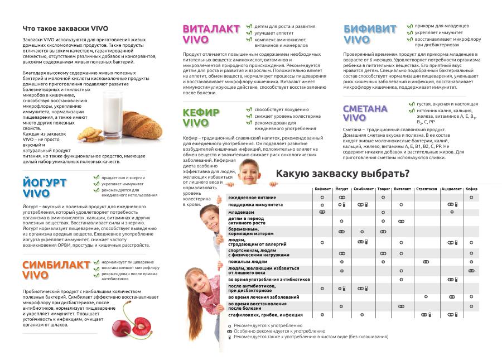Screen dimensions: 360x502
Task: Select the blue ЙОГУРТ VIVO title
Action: pos(45,188)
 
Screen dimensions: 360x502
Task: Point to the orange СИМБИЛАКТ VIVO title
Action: pos(56,270)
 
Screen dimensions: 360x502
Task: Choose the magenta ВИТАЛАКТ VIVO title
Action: pos(211,34)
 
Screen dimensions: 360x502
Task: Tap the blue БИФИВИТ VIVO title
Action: pos(370,34)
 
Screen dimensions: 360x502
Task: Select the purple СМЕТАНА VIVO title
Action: pos(365,113)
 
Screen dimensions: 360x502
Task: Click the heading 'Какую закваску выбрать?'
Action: pos(342,174)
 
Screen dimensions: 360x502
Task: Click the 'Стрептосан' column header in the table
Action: pos(427,189)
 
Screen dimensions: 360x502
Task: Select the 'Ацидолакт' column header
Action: pos(451,189)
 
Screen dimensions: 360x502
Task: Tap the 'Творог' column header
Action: pos(383,189)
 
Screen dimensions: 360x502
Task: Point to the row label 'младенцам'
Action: pos(241,213)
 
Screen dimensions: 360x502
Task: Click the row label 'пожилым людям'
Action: pos(247,261)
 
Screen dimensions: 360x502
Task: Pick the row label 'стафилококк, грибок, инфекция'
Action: pos(265,315)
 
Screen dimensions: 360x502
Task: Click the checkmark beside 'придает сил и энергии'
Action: pos(96,177)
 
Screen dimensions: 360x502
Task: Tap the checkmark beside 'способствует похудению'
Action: pos(249,110)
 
